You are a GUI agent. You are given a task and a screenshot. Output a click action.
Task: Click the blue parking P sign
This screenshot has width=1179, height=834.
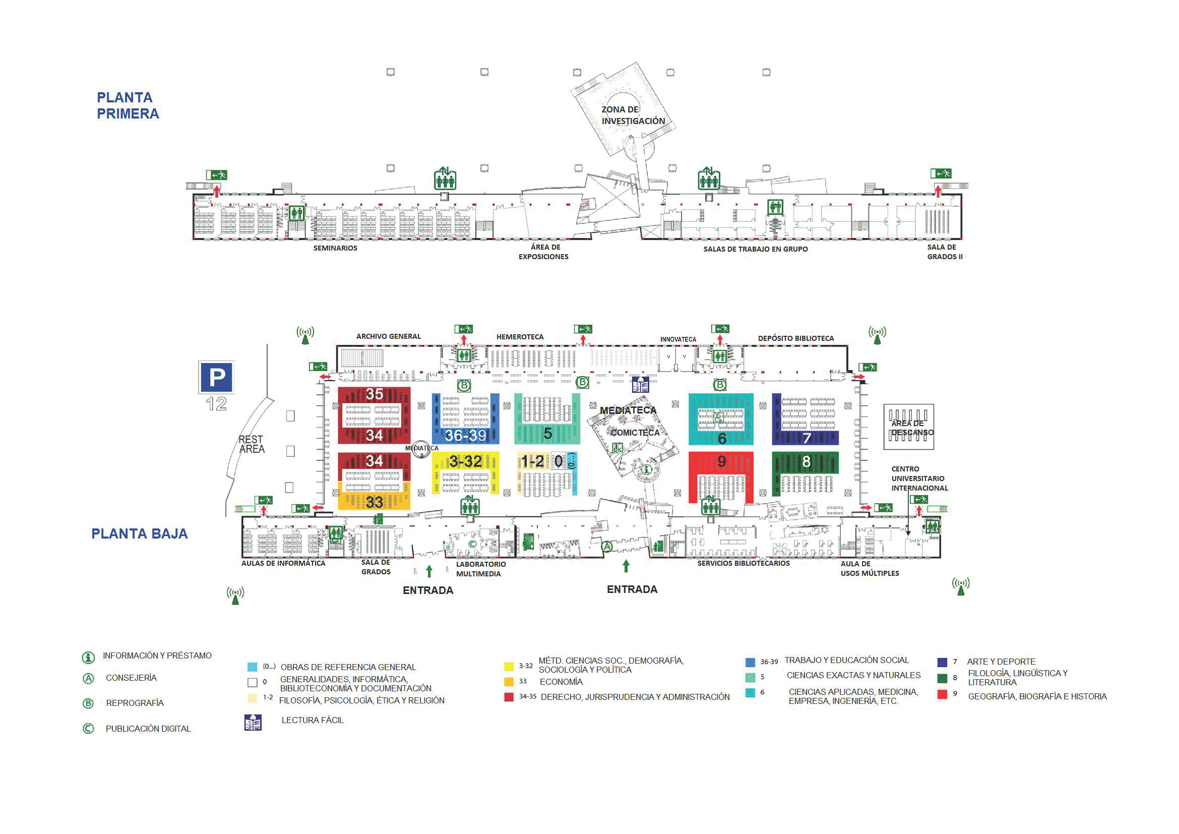(x=216, y=378)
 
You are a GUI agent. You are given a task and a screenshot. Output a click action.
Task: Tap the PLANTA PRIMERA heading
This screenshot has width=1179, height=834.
(x=128, y=105)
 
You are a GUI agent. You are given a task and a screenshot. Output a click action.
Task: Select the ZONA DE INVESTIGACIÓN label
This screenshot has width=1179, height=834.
(x=633, y=115)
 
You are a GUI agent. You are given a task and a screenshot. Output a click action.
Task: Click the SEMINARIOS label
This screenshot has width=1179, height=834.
(x=335, y=248)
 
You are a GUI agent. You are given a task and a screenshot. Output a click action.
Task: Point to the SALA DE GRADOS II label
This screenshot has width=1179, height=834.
(x=944, y=252)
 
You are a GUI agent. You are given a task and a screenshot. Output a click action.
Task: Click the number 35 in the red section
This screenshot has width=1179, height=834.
(x=375, y=394)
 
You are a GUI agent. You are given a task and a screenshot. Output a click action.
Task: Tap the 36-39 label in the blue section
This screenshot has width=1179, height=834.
(x=465, y=436)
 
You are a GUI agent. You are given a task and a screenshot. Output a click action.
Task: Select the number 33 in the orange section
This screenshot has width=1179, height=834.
(x=375, y=502)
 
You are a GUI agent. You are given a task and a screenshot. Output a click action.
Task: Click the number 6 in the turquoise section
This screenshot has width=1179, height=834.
(x=721, y=438)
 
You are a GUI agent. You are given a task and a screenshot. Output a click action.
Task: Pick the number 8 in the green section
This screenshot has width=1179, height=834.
(x=806, y=462)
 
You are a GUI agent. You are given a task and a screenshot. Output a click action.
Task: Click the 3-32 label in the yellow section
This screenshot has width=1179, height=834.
(x=465, y=461)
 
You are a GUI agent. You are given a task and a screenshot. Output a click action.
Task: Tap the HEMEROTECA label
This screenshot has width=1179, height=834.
(x=520, y=337)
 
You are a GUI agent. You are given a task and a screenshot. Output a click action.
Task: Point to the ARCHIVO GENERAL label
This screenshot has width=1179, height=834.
(x=388, y=336)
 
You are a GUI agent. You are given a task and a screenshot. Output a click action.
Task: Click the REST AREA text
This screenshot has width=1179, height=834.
(x=251, y=444)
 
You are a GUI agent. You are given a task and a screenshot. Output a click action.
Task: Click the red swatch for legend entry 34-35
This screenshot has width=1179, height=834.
(x=509, y=697)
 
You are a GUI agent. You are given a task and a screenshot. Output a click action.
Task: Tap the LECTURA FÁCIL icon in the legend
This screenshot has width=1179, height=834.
(x=253, y=722)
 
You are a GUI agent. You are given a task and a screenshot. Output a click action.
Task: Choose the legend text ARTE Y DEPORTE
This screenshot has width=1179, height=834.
(x=1001, y=662)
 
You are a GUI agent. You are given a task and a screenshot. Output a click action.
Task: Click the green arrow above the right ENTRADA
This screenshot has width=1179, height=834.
(x=626, y=566)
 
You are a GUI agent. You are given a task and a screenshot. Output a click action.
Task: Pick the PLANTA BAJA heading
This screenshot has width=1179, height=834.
(x=139, y=533)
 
